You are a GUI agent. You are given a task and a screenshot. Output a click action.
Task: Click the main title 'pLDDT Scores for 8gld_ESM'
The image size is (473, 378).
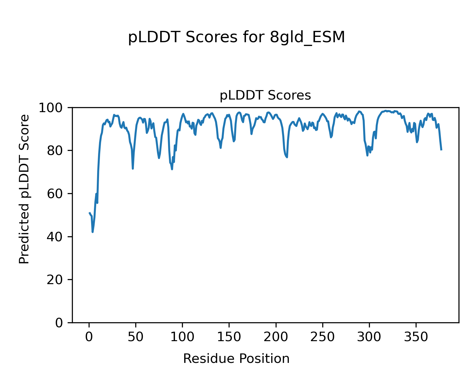coord(237,38)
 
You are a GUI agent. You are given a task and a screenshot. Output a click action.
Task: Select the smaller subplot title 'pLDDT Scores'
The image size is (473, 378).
coord(265,95)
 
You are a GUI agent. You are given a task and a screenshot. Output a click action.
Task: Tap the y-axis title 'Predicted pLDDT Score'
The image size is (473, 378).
coord(24,189)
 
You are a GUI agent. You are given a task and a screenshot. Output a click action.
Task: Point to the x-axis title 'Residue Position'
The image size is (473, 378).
coord(236,359)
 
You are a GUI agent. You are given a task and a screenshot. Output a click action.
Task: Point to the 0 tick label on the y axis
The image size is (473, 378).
coord(60,323)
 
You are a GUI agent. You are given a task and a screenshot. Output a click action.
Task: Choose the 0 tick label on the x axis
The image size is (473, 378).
coord(89,337)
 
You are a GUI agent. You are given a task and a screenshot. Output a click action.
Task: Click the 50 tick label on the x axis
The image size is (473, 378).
coord(136,337)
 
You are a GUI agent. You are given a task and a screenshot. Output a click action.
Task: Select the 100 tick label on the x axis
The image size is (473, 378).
coord(183,337)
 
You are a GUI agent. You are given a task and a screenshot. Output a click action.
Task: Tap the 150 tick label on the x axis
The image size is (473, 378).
coord(229,337)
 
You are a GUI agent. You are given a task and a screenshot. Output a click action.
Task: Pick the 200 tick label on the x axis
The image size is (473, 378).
coord(276,337)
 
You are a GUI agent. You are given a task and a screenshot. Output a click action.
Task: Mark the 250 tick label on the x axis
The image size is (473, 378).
coord(323,337)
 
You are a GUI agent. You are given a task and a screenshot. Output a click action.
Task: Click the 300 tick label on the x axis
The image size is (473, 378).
coord(369,337)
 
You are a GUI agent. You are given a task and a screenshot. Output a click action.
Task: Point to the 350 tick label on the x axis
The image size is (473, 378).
coord(416,337)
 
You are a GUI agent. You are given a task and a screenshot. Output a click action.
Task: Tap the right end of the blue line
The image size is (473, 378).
coord(441,150)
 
